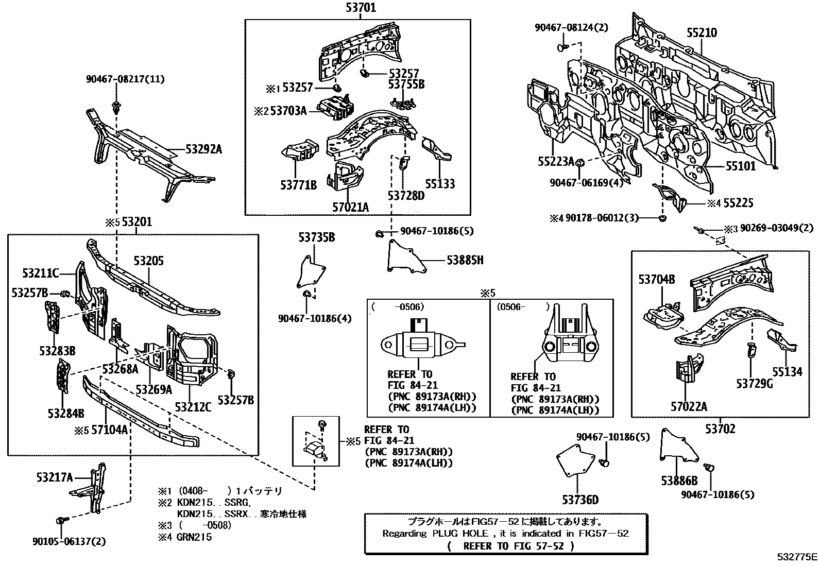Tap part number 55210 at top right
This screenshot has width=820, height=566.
701,33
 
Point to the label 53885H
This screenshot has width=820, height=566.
465,260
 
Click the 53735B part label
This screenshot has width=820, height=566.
317,237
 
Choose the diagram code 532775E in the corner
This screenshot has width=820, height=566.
797,557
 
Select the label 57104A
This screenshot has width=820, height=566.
109,430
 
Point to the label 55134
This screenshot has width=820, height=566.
787,371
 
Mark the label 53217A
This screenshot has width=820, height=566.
55,477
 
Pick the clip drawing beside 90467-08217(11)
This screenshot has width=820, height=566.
115,108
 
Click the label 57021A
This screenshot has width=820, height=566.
350,207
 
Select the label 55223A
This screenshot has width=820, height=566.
556,162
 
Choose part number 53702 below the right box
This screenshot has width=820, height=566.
720,428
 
